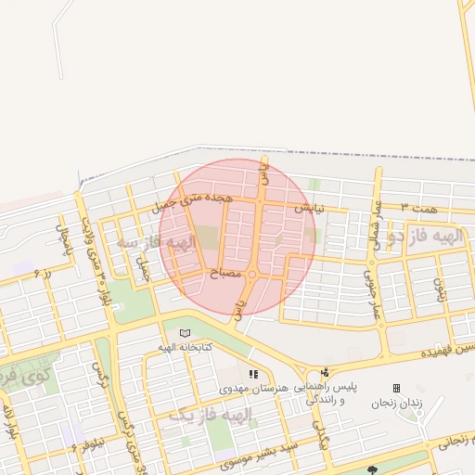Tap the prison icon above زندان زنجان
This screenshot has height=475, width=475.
click(397, 388)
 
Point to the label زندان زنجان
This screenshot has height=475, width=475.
click(396, 403)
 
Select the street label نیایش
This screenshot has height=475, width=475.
click(310, 209)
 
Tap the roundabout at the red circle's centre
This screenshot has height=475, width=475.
click(251, 273)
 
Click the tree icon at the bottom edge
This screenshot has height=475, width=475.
click(373, 470)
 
